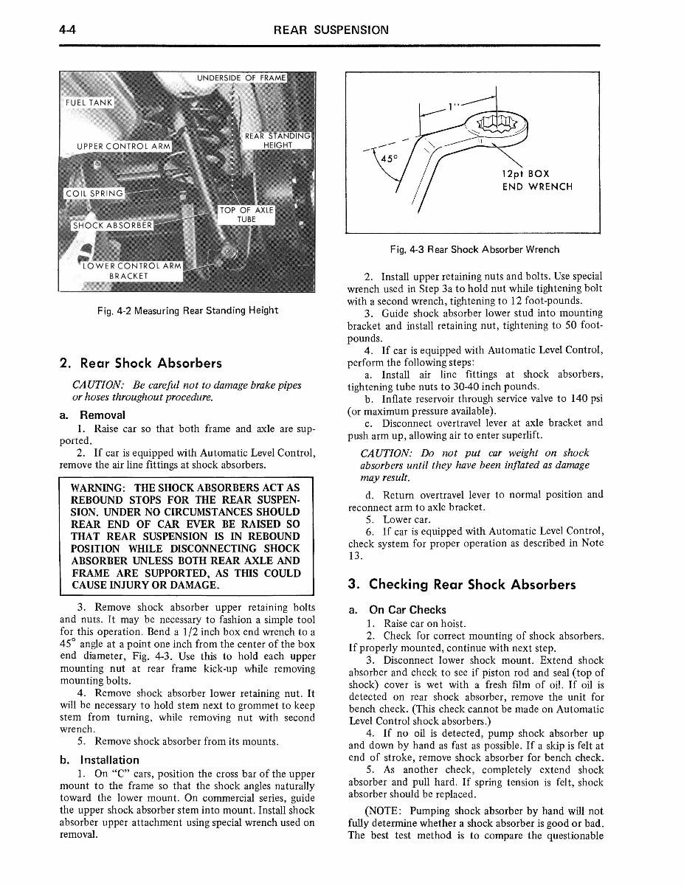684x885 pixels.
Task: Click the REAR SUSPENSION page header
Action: pyautogui.click(x=330, y=30)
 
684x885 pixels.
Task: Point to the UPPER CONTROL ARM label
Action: pyautogui.click(x=123, y=146)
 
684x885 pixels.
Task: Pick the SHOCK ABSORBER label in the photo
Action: pyautogui.click(x=111, y=226)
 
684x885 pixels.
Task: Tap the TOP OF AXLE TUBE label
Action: pyautogui.click(x=246, y=215)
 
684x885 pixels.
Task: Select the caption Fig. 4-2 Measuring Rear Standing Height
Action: pyautogui.click(x=187, y=310)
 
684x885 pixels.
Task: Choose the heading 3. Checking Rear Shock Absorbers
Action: pyautogui.click(x=461, y=585)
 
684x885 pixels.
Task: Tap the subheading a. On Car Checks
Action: pyautogui.click(x=397, y=610)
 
